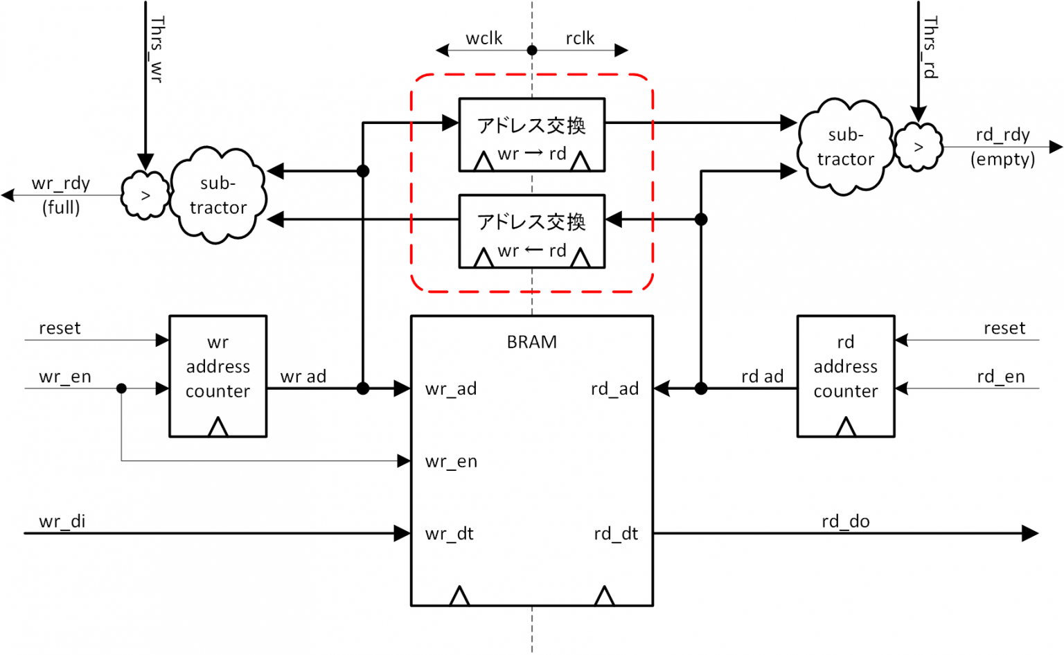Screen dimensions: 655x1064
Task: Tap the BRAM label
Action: tap(531, 342)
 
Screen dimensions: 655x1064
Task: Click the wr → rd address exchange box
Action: tap(531, 134)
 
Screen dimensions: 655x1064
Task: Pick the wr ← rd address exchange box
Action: tap(531, 231)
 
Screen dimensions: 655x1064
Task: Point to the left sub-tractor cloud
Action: tap(218, 195)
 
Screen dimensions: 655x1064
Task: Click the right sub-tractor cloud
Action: tap(844, 147)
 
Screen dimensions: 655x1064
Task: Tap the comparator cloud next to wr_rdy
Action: tap(145, 195)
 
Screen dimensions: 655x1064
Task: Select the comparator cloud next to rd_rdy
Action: tap(918, 147)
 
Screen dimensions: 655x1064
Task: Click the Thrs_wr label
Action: tap(157, 50)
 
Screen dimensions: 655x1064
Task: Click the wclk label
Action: tap(484, 38)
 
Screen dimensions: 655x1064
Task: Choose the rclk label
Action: tap(580, 38)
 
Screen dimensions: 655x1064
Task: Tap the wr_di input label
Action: tap(62, 521)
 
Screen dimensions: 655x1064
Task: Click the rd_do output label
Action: tap(845, 521)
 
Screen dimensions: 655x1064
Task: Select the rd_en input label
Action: tap(1000, 377)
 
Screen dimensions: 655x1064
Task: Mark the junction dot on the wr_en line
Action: tap(121, 388)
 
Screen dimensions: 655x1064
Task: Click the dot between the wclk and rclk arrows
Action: tap(532, 50)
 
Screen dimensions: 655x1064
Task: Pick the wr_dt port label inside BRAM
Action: tap(450, 534)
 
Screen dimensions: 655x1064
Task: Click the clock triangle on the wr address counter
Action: tap(218, 427)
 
